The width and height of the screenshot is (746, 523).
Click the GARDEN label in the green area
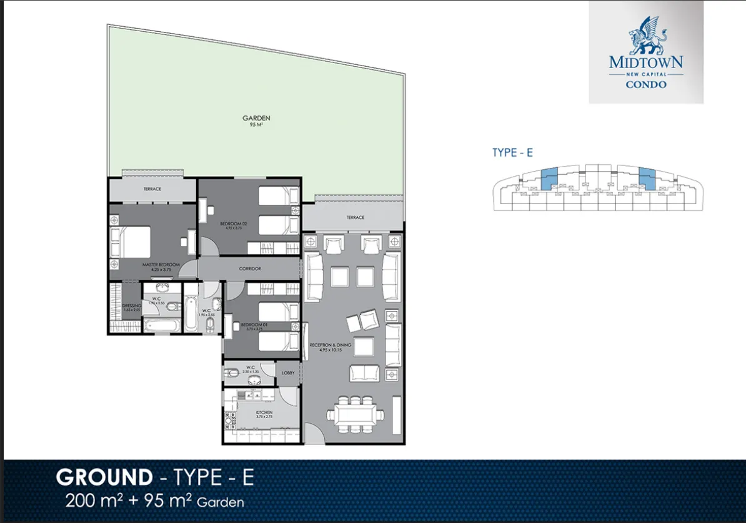tap(256, 117)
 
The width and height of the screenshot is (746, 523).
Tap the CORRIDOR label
tap(250, 269)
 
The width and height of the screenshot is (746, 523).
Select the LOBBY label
tap(287, 373)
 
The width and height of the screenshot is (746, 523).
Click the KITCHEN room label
tap(264, 413)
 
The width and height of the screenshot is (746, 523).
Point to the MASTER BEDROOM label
tap(161, 265)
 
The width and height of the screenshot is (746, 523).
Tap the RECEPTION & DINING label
tap(330, 345)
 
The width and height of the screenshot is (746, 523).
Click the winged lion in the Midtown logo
tap(645, 36)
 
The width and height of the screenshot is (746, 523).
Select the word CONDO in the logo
tap(646, 84)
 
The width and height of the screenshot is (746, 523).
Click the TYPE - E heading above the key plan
tap(512, 153)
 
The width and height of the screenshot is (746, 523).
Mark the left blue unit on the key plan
tap(549, 179)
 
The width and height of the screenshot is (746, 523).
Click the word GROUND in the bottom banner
tap(104, 477)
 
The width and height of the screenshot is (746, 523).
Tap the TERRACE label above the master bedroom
tap(152, 189)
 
